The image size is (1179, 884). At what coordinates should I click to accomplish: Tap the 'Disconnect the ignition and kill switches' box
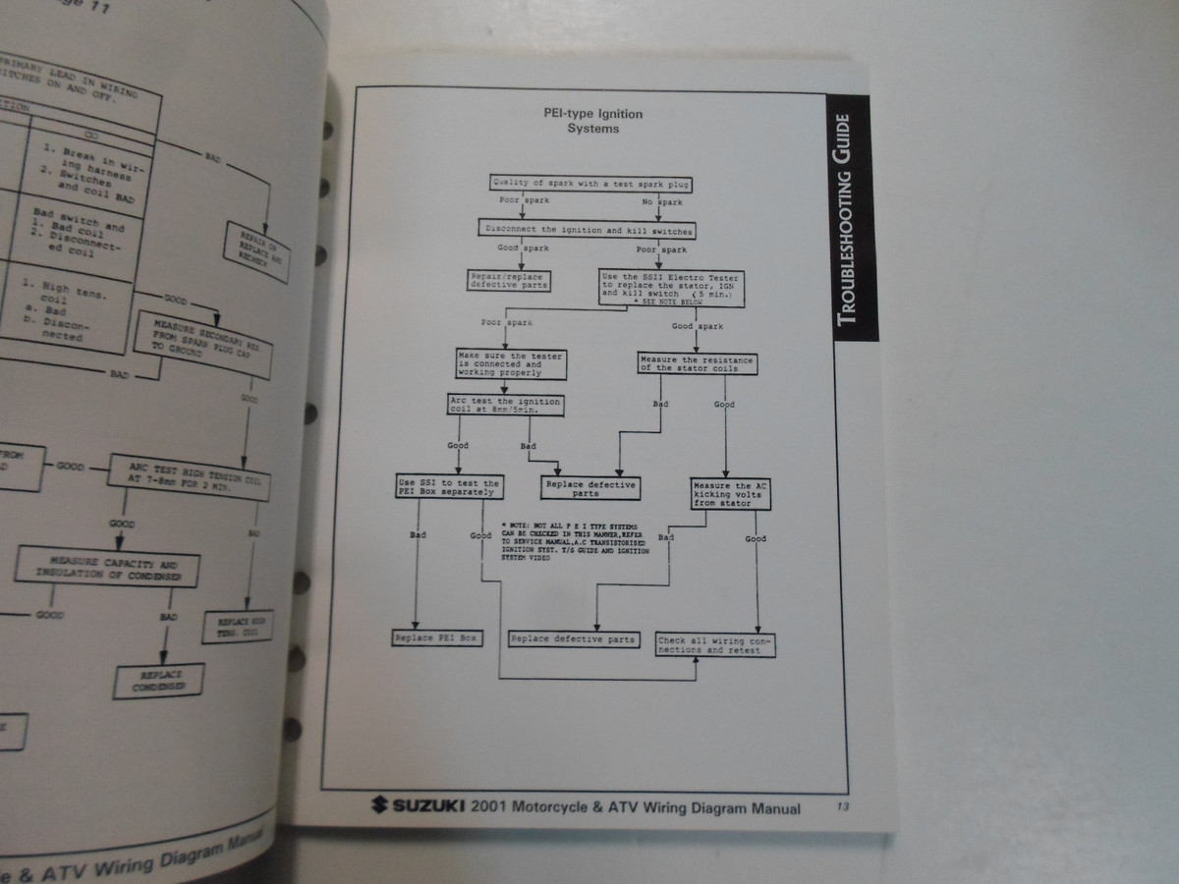588,231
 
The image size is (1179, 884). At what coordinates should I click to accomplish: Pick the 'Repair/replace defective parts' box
508,280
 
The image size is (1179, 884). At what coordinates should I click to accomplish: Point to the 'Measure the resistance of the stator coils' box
697,364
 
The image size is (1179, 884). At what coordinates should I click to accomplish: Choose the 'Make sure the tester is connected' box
511,364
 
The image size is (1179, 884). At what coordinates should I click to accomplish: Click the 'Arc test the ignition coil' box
496,405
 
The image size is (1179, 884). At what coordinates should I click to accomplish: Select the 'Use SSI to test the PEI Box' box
448,488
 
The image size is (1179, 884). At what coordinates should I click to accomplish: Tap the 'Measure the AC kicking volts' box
731,493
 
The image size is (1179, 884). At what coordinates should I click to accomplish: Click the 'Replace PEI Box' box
435,638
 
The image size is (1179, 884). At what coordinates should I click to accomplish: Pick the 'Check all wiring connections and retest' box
716,645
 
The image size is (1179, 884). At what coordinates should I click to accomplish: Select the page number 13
843,807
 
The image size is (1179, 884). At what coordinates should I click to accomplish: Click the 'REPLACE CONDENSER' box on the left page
159,681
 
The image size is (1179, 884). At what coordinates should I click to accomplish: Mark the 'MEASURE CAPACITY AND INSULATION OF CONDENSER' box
108,570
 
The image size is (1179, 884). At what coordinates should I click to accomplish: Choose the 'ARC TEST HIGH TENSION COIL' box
177,472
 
